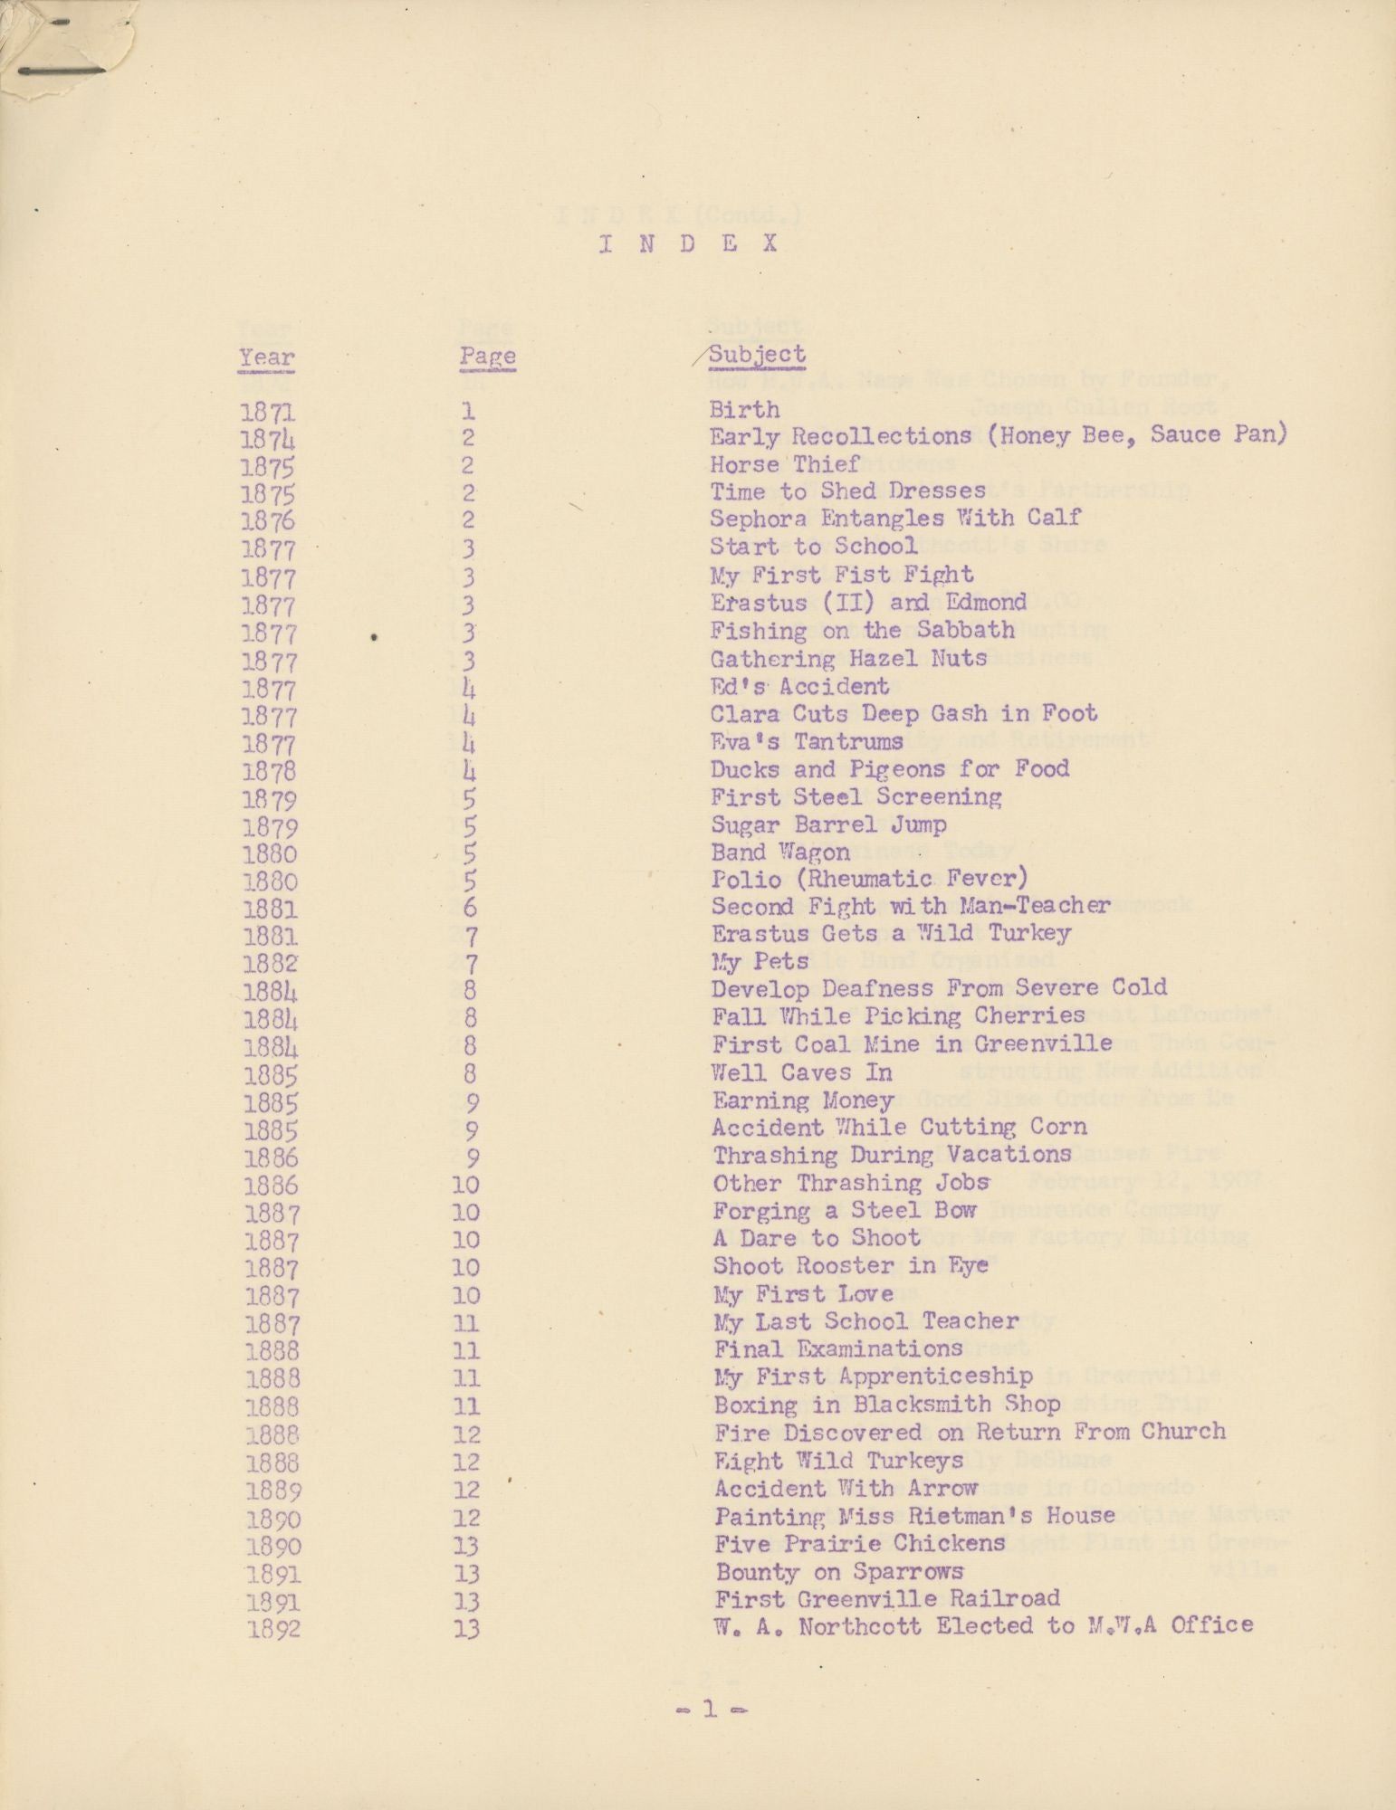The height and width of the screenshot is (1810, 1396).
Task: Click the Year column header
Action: point(267,358)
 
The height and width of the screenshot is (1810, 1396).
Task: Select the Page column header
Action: point(487,356)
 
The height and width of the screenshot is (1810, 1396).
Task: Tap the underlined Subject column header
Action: point(757,355)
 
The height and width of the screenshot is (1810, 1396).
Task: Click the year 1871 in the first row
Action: point(268,413)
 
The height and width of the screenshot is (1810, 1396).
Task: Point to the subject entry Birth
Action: point(744,410)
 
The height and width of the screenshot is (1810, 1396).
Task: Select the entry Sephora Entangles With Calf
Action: point(895,519)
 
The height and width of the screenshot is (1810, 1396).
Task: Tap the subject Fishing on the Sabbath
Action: point(863,630)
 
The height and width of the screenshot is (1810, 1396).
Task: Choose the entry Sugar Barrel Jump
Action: point(828,825)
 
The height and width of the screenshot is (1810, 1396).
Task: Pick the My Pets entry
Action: point(760,961)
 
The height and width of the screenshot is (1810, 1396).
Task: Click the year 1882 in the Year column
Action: point(270,964)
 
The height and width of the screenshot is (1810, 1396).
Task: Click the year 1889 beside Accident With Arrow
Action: point(272,1491)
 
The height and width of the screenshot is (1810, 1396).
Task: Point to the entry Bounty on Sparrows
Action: point(839,1572)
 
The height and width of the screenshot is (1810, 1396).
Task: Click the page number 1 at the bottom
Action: point(708,1710)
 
